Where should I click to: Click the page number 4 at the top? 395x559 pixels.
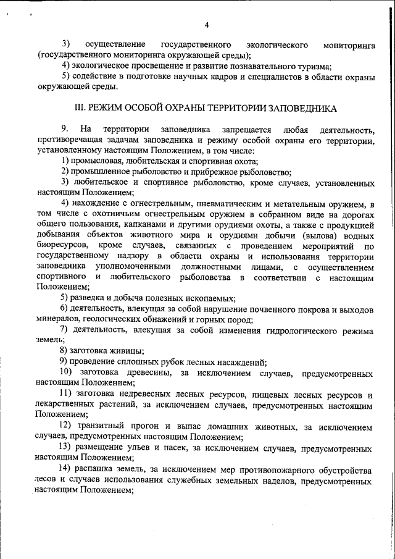207,25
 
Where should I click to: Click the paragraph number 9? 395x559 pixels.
63,129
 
